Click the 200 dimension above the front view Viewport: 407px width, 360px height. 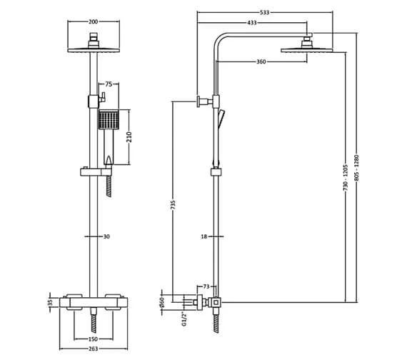coord(93,22)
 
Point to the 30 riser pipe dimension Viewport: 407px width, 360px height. coord(106,236)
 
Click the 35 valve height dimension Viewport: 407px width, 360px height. coord(51,303)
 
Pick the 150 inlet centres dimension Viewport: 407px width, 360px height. coord(93,339)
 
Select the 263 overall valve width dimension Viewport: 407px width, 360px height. coord(93,350)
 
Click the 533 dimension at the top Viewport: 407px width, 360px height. coord(265,13)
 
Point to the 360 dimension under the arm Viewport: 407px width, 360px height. coord(261,62)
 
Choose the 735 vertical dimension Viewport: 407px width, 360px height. coord(174,205)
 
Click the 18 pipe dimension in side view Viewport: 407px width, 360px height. coord(203,236)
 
